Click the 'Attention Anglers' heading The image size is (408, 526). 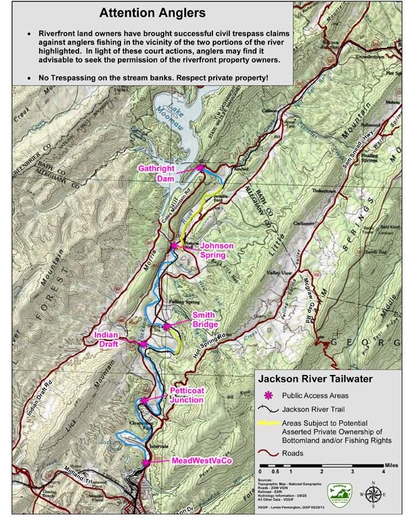[x=151, y=12]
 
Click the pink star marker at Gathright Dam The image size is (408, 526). [x=200, y=167]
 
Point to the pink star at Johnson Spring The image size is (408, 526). [x=175, y=246]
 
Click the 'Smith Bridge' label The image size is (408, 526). [x=204, y=320]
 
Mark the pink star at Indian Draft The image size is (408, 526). [x=143, y=345]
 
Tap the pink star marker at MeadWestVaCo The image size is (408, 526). [x=147, y=463]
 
